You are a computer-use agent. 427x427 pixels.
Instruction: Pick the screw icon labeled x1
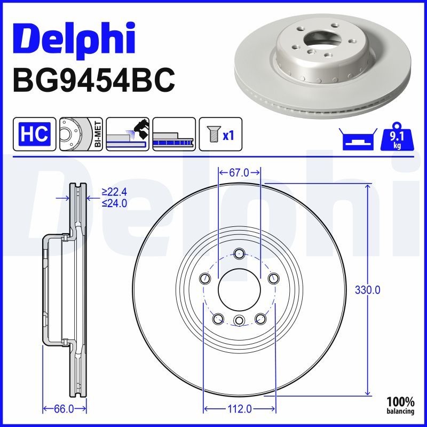click(x=220, y=134)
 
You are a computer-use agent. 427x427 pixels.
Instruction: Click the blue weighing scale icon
click(x=356, y=140)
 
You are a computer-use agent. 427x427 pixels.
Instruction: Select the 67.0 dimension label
click(x=239, y=172)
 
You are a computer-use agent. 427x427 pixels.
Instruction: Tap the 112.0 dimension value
click(x=239, y=409)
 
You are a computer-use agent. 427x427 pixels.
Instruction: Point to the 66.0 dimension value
click(x=64, y=409)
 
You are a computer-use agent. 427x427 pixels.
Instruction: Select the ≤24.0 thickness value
click(x=114, y=203)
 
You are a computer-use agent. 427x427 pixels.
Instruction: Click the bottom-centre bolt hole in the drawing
click(x=239, y=320)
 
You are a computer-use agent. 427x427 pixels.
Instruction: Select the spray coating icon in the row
click(x=127, y=134)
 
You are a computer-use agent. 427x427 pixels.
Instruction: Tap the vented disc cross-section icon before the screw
click(x=173, y=134)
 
